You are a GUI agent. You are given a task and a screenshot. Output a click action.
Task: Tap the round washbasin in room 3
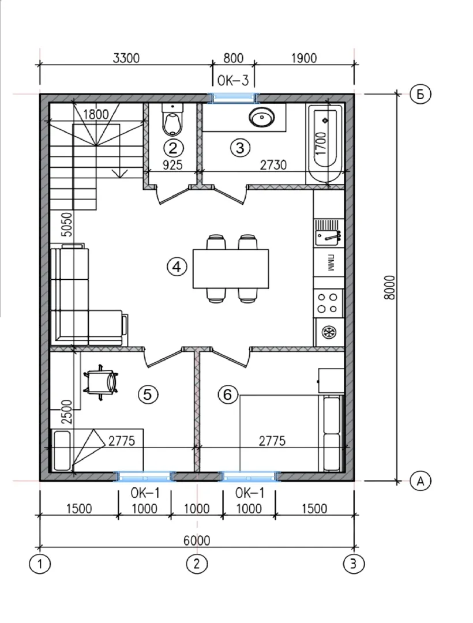click(261, 118)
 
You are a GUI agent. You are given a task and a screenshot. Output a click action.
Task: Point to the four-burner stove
click(328, 303)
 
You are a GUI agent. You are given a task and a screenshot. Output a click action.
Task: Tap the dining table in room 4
click(230, 269)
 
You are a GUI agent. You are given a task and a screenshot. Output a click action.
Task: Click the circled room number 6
click(228, 395)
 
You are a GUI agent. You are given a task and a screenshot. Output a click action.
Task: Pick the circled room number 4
click(177, 267)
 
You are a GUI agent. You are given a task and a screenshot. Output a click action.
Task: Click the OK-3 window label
click(232, 80)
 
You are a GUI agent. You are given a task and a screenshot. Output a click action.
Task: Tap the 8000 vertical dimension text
click(391, 287)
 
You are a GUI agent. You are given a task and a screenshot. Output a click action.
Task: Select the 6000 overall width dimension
click(197, 541)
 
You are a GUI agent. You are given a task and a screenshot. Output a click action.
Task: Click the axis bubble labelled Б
click(420, 95)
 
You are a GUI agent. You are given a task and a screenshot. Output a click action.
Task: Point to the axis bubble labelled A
click(420, 481)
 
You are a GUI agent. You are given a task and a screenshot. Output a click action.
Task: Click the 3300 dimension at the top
click(126, 58)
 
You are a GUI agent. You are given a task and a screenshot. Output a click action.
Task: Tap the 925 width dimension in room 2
click(172, 164)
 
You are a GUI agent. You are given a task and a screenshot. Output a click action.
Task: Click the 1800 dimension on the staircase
click(96, 114)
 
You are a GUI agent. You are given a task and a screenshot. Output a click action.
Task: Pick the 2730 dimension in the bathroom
click(273, 164)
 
